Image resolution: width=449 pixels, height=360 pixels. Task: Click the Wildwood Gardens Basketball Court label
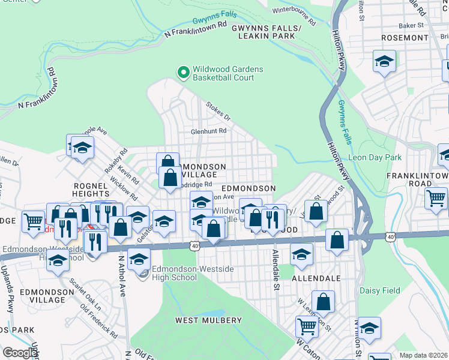[228, 73]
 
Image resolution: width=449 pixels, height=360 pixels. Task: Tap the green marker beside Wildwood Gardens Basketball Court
[184, 73]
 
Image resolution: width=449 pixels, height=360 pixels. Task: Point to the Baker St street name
[411, 26]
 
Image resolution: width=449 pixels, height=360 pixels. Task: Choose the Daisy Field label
[379, 290]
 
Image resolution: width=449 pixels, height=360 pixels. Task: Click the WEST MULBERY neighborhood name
[204, 320]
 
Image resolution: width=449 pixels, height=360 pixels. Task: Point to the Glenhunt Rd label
[208, 131]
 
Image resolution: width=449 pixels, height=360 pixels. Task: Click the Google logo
[19, 353]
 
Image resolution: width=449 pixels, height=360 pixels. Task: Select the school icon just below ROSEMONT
[384, 61]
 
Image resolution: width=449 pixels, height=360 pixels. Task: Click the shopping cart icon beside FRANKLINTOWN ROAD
[436, 198]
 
